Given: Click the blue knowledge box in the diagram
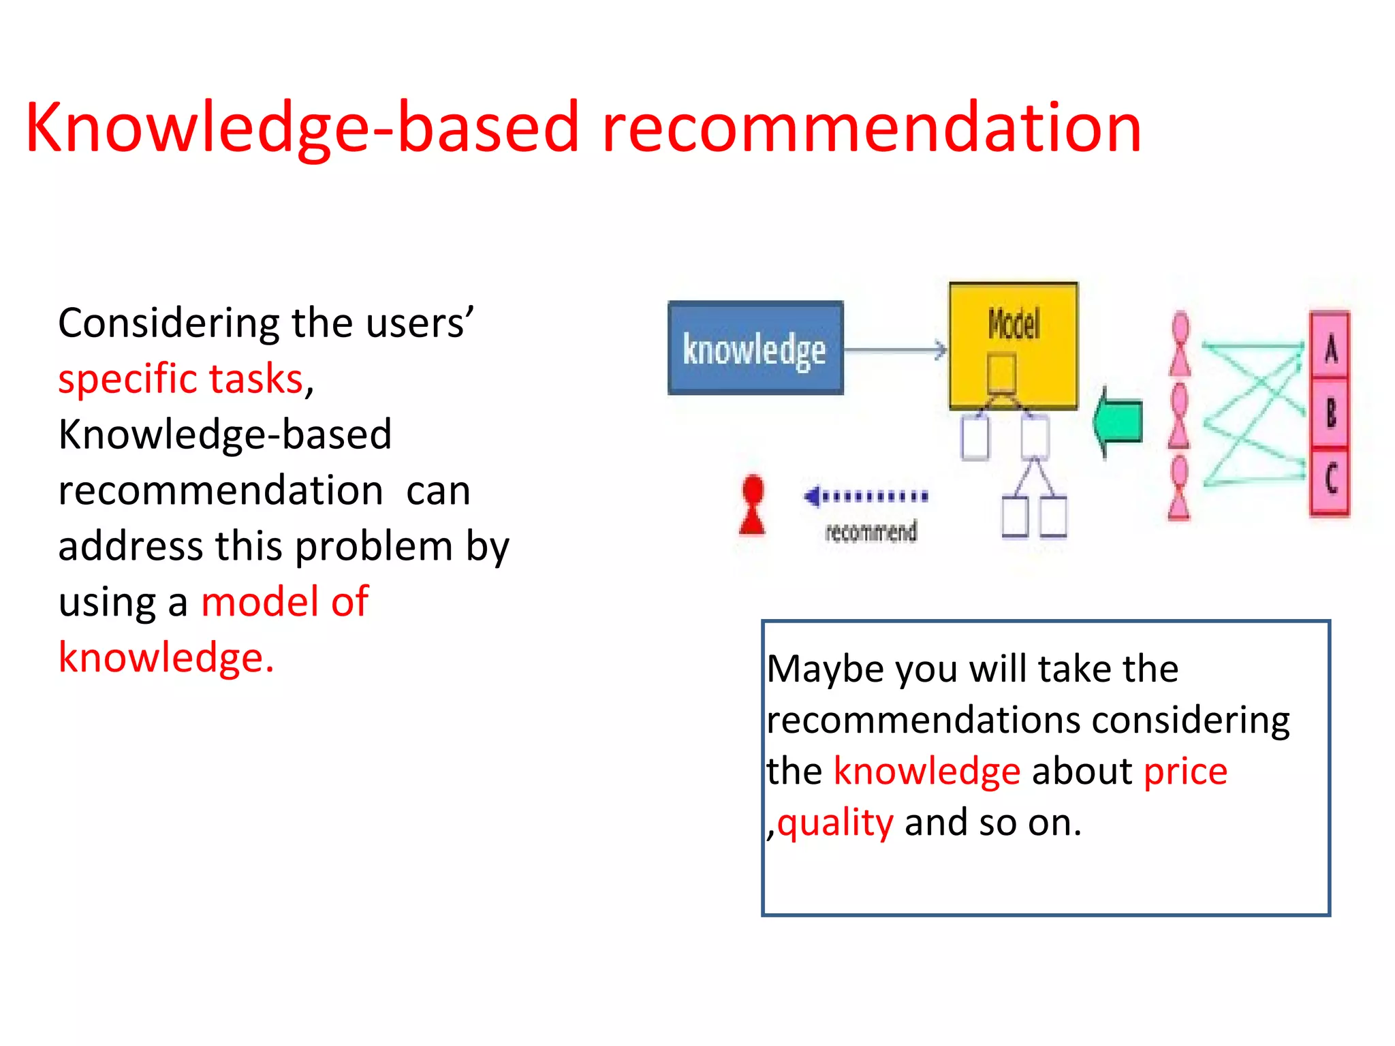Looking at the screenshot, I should tap(755, 348).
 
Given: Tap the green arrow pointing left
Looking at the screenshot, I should tap(1118, 422).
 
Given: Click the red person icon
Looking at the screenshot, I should tap(753, 505).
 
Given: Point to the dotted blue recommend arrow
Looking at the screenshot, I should tap(866, 496).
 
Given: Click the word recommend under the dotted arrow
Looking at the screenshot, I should tap(871, 532).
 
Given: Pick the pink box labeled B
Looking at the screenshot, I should tap(1330, 413).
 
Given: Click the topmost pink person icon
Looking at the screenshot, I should tap(1180, 345).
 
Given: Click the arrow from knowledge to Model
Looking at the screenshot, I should tap(896, 350).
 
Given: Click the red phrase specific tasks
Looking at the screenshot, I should tap(181, 379).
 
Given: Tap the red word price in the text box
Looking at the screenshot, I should tap(1185, 772).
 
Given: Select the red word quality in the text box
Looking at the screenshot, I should tap(835, 823).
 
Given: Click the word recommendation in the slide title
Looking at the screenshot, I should tap(871, 127).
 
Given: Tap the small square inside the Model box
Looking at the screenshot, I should tap(1001, 373).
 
